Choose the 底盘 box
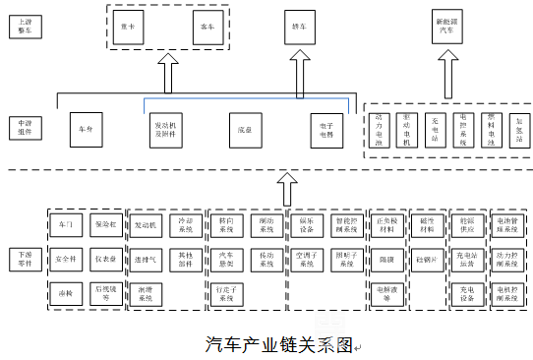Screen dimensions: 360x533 pyautogui.click(x=243, y=128)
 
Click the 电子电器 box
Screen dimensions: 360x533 pyautogui.click(x=326, y=128)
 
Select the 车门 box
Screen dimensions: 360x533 pyautogui.click(x=66, y=225)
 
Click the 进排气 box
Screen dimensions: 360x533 pyautogui.click(x=147, y=260)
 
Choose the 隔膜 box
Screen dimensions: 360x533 pyautogui.click(x=386, y=260)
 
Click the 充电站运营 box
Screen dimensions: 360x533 pyautogui.click(x=466, y=260)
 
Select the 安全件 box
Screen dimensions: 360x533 pyautogui.click(x=66, y=260)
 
